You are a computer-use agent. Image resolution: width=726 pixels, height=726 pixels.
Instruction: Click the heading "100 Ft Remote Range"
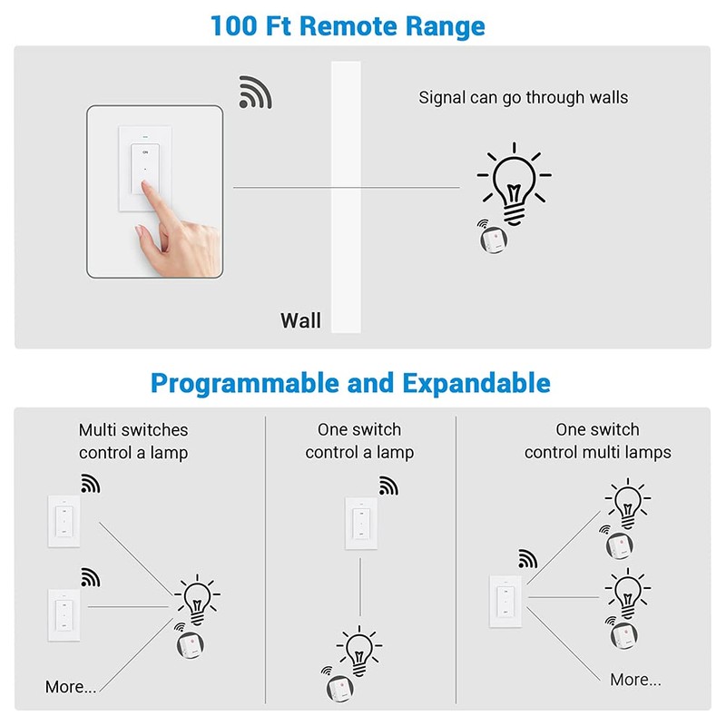(348, 25)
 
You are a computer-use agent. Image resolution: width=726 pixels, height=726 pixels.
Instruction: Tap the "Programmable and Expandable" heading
(350, 383)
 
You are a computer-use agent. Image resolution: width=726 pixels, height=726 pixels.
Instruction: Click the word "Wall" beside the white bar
(300, 320)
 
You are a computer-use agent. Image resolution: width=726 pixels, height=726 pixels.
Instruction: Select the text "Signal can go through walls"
(523, 97)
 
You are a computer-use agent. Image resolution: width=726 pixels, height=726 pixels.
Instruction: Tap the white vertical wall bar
(346, 195)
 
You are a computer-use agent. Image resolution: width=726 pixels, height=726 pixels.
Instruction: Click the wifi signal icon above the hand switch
(255, 93)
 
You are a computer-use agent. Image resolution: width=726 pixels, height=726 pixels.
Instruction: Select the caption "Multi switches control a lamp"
(133, 441)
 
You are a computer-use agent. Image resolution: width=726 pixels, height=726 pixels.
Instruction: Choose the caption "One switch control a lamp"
(359, 441)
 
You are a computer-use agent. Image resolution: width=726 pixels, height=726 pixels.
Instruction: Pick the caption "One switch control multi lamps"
(597, 441)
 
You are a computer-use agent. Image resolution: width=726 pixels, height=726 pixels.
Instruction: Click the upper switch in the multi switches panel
(64, 522)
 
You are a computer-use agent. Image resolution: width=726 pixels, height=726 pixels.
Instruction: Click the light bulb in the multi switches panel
(196, 598)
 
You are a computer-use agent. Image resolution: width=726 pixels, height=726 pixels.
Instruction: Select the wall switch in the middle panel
(360, 524)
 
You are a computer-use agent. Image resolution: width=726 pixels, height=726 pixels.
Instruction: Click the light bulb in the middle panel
(358, 650)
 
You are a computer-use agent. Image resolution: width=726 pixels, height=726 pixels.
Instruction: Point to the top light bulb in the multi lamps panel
(627, 505)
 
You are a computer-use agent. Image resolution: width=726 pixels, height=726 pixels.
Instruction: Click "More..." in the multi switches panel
(71, 687)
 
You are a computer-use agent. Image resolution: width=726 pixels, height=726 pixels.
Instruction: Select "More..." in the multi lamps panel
(635, 679)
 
